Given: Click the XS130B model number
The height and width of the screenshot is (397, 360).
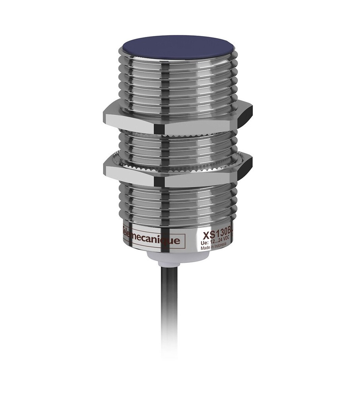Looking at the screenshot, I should tap(216, 233).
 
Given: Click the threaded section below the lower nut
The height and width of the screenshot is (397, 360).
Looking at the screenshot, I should tap(177, 202).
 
